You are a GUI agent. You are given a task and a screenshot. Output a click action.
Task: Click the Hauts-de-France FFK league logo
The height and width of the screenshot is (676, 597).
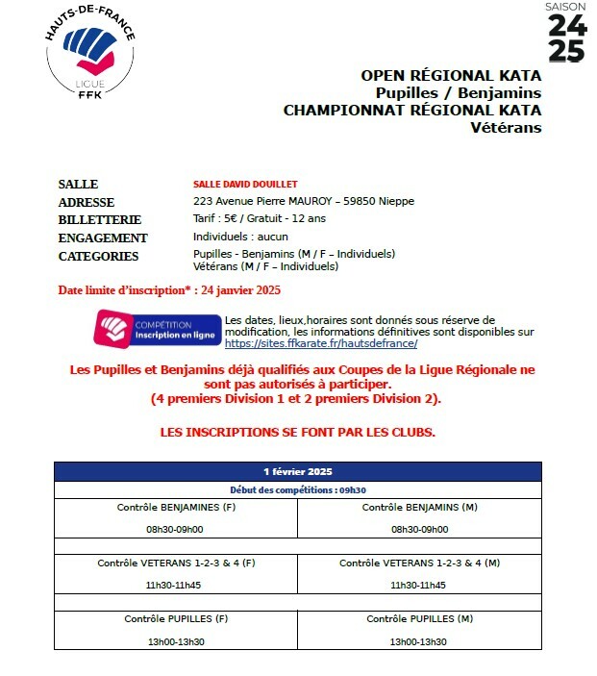point(91,54)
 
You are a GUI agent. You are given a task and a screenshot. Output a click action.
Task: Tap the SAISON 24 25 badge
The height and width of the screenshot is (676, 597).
point(566,34)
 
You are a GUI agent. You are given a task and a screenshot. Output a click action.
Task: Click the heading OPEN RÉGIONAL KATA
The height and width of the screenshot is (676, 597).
point(451,75)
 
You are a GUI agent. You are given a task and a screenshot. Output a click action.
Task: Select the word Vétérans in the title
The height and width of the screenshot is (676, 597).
point(506,128)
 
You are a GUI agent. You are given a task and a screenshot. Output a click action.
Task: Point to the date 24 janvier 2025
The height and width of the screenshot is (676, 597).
point(239,289)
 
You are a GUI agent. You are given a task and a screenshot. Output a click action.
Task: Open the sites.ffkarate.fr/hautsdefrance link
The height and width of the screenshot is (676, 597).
point(320,343)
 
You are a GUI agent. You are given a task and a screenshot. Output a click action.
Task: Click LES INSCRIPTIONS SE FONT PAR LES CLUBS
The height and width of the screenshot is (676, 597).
point(297,432)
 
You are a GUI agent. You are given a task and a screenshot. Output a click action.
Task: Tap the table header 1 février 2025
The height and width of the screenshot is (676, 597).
point(297,471)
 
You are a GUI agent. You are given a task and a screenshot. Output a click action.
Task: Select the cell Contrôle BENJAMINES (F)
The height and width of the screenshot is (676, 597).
point(176,507)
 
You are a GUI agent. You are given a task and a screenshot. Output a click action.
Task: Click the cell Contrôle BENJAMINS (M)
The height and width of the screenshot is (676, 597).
point(419,507)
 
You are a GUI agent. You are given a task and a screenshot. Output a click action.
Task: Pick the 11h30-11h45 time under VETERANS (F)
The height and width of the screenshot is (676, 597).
point(175,585)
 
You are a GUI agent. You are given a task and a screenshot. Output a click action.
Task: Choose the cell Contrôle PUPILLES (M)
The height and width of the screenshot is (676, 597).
point(419,618)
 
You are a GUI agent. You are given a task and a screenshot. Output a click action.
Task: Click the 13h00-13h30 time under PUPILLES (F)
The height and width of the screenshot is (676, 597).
point(175,641)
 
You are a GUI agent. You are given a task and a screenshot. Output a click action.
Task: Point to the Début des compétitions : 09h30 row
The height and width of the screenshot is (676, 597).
point(297,489)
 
